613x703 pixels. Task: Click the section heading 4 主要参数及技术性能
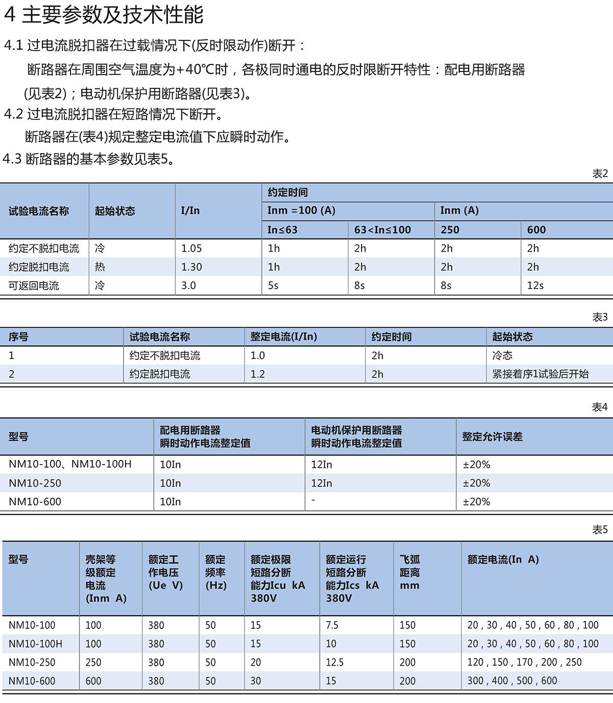[x=104, y=15]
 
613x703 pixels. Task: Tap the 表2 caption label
[x=600, y=174]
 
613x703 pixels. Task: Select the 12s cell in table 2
[x=535, y=285]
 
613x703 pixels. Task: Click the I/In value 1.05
[x=192, y=248]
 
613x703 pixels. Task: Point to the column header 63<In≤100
[x=383, y=230]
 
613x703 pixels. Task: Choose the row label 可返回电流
[x=34, y=285]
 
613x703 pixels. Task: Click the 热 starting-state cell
[x=100, y=267]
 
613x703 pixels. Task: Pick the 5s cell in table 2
[x=273, y=285]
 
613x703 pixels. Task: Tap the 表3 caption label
[x=600, y=317]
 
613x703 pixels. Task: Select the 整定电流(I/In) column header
[x=284, y=337]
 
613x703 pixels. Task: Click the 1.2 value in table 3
[x=258, y=374]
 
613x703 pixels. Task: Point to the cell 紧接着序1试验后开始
[x=540, y=374]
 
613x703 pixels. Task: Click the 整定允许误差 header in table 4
[x=492, y=437]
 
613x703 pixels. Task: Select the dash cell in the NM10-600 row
[x=313, y=500]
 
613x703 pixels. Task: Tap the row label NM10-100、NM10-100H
[x=70, y=464]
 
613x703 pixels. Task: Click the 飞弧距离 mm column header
[x=410, y=572]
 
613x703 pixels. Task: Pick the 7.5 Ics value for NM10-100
[x=332, y=625]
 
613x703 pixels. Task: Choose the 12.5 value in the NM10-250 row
[x=335, y=662]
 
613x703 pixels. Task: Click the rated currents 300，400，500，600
[x=512, y=681]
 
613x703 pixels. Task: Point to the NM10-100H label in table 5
[x=35, y=644]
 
